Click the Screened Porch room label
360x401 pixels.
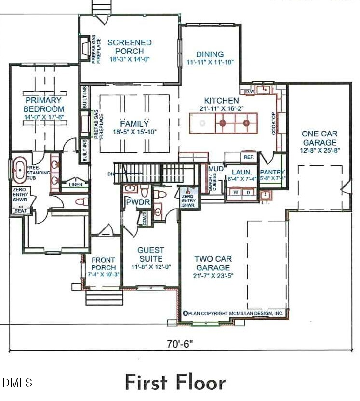pos(129,47)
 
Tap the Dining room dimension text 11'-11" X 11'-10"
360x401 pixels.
pos(210,62)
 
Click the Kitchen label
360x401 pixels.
pos(221,101)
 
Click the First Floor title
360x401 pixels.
pos(175,382)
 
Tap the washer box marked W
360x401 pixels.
pos(235,192)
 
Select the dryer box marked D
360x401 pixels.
pos(248,192)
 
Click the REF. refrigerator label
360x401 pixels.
pos(249,158)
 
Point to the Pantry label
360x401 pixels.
pos(272,172)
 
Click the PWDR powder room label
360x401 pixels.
pos(132,203)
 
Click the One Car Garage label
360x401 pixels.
pos(319,138)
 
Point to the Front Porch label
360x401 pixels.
pos(103,264)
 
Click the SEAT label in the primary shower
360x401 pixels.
pos(21,211)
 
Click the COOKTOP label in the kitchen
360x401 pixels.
pos(274,123)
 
